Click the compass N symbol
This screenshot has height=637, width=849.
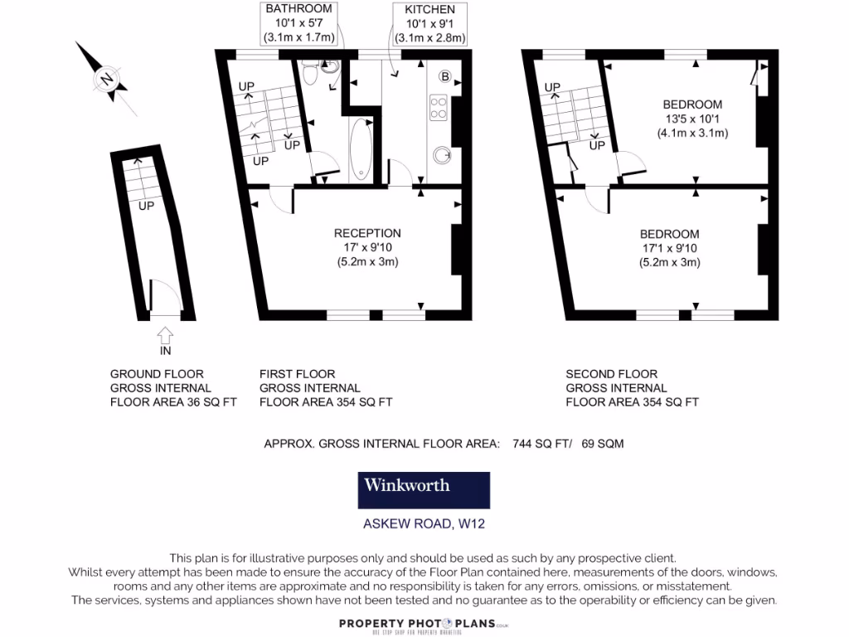(x=106, y=80)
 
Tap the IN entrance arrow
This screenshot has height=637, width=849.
(x=165, y=336)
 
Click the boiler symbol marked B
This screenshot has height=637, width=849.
(x=444, y=77)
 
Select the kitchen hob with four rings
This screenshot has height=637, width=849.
(x=438, y=108)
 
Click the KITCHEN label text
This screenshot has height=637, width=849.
(x=429, y=9)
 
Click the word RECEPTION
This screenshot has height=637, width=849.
(x=367, y=233)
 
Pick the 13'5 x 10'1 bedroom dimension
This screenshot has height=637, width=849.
(x=692, y=119)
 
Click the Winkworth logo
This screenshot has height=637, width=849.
(x=424, y=490)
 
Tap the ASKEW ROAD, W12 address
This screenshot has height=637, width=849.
(x=423, y=523)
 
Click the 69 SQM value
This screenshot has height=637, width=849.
(x=603, y=444)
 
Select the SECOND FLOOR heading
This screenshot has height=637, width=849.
(x=612, y=374)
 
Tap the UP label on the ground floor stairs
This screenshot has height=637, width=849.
(x=146, y=205)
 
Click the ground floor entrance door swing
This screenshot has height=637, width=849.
(x=163, y=296)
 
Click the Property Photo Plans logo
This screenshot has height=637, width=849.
(x=424, y=624)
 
